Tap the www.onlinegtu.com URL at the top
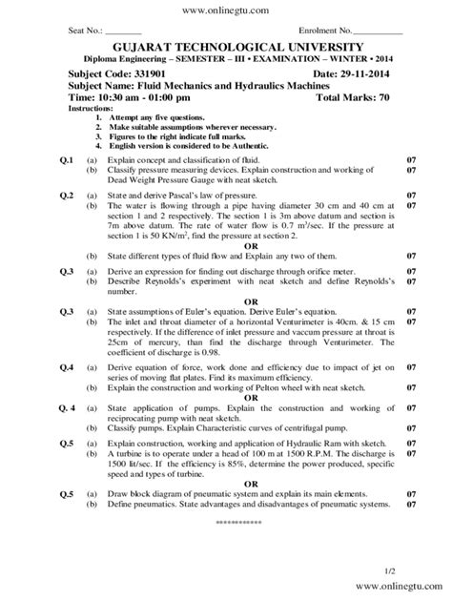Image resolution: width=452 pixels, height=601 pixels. (x=225, y=9)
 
